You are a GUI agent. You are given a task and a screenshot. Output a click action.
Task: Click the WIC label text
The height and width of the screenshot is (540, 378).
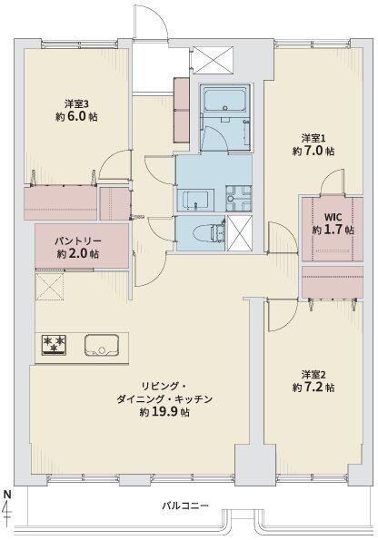(x=333, y=217)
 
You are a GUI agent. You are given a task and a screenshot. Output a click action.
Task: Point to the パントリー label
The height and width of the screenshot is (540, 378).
(x=77, y=241)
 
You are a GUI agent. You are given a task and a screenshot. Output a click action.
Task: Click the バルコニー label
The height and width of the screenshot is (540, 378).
(x=185, y=506)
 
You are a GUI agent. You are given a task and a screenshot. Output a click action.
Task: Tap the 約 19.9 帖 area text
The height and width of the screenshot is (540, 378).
(x=164, y=412)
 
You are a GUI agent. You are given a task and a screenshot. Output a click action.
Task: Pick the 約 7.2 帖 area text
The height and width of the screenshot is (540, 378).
(x=313, y=388)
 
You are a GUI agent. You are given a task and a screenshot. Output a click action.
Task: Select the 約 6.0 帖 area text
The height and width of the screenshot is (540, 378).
(x=76, y=117)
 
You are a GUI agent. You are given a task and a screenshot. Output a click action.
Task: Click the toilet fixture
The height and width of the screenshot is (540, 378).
(x=207, y=233)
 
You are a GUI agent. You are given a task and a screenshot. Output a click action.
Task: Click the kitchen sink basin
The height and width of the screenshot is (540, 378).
(x=102, y=345)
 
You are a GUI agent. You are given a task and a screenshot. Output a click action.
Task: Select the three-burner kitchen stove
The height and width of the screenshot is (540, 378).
(x=54, y=345)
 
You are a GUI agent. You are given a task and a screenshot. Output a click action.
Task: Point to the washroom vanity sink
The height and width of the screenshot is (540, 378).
(x=195, y=200)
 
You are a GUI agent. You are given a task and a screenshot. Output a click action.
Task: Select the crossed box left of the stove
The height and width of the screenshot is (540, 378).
(x=50, y=286)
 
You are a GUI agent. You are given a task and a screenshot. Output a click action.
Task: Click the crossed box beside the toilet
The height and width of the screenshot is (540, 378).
(x=239, y=233)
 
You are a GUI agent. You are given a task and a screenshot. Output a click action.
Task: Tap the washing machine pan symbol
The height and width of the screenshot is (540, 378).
(x=239, y=199)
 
